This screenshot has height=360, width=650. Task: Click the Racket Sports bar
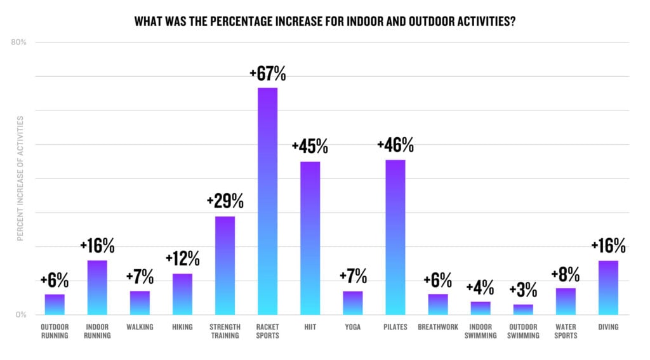[x=267, y=201]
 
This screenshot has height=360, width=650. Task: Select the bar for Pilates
[x=395, y=237]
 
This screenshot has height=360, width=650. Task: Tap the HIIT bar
[x=310, y=238]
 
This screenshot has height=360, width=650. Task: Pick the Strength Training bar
[x=225, y=265]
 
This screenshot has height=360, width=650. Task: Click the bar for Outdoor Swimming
[x=523, y=309]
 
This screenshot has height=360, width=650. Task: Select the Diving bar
[x=608, y=287]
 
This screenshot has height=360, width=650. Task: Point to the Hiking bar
[x=182, y=294]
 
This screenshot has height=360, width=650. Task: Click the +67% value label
[x=267, y=74]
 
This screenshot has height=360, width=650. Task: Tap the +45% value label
[x=310, y=147]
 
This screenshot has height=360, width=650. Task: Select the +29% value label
[x=225, y=201]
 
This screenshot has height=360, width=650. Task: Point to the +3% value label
[x=523, y=290]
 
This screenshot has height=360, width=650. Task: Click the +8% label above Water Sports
[x=566, y=274]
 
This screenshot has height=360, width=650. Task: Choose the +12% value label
[x=182, y=259]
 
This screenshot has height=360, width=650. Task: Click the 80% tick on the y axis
[x=18, y=43]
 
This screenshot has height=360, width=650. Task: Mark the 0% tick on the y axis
[x=20, y=315]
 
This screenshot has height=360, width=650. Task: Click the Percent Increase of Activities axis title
[x=20, y=178]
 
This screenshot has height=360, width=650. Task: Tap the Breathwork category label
[x=437, y=327]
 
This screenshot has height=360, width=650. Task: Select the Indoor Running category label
[x=97, y=331]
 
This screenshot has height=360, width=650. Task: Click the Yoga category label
[x=352, y=327]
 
